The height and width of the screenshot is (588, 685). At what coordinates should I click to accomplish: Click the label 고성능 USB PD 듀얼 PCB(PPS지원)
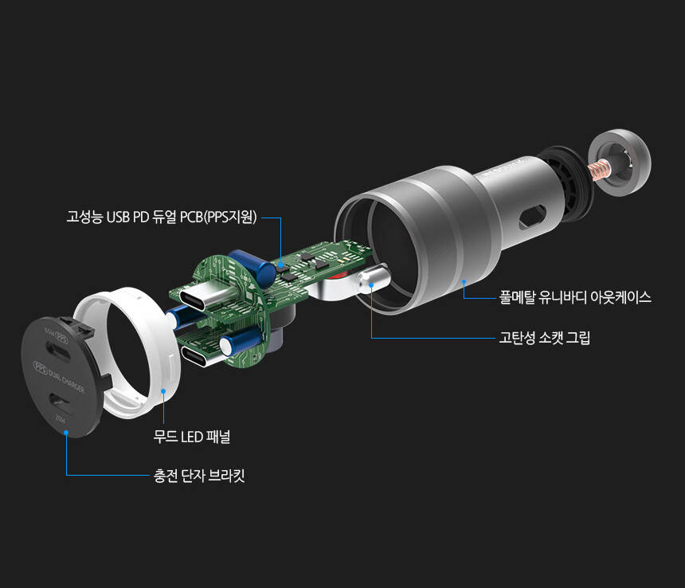pyautogui.click(x=161, y=217)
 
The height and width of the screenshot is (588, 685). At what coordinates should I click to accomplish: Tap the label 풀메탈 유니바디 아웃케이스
pyautogui.click(x=575, y=297)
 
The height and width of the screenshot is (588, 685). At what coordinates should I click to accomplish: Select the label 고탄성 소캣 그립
pyautogui.click(x=544, y=338)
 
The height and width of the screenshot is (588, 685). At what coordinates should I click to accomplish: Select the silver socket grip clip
pyautogui.click(x=371, y=280)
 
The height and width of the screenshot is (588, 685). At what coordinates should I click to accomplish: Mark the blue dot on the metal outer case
pyautogui.click(x=463, y=281)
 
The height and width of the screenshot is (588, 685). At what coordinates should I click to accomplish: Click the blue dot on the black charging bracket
pyautogui.click(x=66, y=433)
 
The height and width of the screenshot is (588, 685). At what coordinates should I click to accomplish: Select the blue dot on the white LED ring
pyautogui.click(x=163, y=391)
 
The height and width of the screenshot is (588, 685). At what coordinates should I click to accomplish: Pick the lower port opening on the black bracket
pyautogui.click(x=64, y=403)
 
